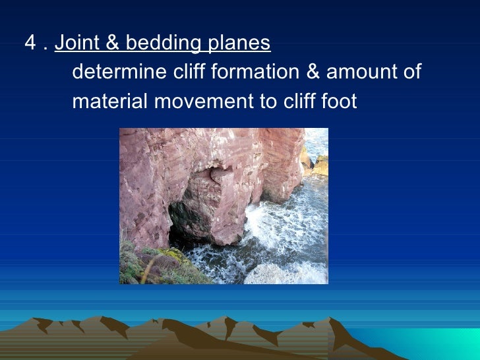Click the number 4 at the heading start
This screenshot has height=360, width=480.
coord(30,44)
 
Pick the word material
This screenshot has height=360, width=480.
coord(104,102)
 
